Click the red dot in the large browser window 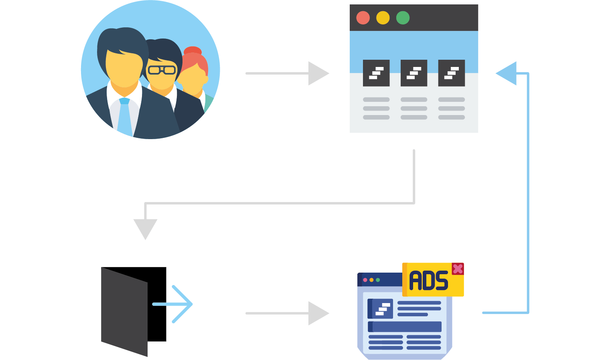(x=363, y=18)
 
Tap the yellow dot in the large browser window (x=383, y=18)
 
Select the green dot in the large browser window (x=403, y=18)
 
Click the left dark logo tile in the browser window (x=376, y=73)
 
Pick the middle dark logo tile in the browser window (x=414, y=73)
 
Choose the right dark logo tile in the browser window (x=452, y=73)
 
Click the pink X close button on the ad (x=458, y=269)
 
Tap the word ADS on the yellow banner (x=428, y=281)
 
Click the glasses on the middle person (x=162, y=70)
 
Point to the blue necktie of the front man (x=125, y=116)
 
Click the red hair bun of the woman (x=193, y=51)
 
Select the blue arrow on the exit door (x=176, y=304)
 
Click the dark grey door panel (x=124, y=311)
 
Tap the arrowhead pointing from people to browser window (x=318, y=73)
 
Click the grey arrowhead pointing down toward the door (x=145, y=229)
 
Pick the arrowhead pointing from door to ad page (x=318, y=313)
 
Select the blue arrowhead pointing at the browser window (x=507, y=73)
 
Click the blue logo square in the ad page (x=380, y=309)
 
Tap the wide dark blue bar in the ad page (x=405, y=327)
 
